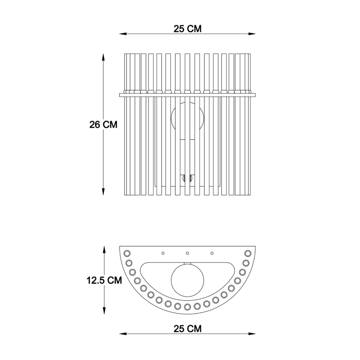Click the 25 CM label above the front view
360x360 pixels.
tap(187, 29)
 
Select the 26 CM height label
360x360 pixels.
tap(103, 124)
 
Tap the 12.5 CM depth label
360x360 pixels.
tap(104, 280)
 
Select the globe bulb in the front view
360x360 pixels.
tap(187, 117)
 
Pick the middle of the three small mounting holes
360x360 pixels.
tap(187, 253)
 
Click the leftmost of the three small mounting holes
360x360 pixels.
tap(163, 253)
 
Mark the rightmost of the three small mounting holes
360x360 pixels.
tap(212, 253)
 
